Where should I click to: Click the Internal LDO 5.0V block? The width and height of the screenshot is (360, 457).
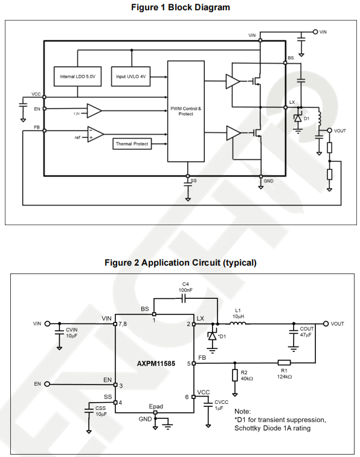[x=77, y=76]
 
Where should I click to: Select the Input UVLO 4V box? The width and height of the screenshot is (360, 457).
[x=131, y=76]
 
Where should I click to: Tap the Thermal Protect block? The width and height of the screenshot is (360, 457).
[x=132, y=144]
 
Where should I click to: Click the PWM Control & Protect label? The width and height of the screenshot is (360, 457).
[x=185, y=111]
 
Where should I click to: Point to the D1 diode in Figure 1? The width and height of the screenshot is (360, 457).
[x=298, y=118]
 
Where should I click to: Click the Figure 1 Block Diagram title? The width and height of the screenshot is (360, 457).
[x=181, y=7]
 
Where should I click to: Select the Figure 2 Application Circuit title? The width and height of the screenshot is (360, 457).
[x=181, y=263]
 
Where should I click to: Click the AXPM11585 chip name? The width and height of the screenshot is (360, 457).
[x=156, y=363]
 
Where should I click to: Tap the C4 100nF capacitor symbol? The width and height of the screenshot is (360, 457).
[x=184, y=298]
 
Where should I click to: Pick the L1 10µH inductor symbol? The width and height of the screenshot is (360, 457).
[x=238, y=322]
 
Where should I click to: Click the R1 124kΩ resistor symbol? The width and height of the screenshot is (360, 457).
[x=284, y=363]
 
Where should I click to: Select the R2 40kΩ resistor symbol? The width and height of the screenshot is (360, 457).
[x=235, y=376]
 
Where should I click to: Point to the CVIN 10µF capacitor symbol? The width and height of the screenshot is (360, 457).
[x=59, y=332]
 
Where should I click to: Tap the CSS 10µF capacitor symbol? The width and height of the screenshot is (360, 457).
[x=89, y=411]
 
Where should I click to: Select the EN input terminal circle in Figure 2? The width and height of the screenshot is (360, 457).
[x=47, y=384]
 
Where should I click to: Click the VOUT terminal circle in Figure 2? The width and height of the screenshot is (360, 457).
[x=326, y=324]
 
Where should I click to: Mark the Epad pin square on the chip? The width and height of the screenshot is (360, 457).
[x=155, y=412]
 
